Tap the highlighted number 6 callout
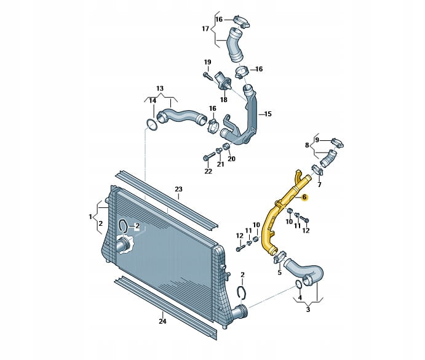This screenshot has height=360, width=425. pyautogui.click(x=304, y=197)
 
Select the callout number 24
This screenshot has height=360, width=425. pyautogui.click(x=162, y=321)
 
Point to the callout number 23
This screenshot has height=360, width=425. pyautogui.click(x=178, y=189)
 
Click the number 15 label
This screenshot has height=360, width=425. pyautogui.click(x=268, y=114)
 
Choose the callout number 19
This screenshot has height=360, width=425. pyautogui.click(x=207, y=62)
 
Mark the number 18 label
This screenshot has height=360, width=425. pyautogui.click(x=224, y=100)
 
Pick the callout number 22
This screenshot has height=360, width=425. pyautogui.click(x=208, y=171)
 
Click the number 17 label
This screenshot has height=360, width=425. pyautogui.click(x=205, y=28)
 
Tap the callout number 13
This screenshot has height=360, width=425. pyautogui.click(x=160, y=89)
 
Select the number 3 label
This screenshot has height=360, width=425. pyautogui.click(x=308, y=310)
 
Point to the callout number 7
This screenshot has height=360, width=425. pyautogui.click(x=319, y=185)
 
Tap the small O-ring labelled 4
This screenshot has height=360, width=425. pyautogui.click(x=298, y=284)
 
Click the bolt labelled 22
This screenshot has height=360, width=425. pyautogui.click(x=209, y=156)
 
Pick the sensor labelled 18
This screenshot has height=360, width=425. pyautogui.click(x=223, y=81)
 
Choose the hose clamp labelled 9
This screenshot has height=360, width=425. pyautogui.click(x=338, y=142)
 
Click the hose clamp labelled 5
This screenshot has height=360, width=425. pyautogui.click(x=279, y=257)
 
